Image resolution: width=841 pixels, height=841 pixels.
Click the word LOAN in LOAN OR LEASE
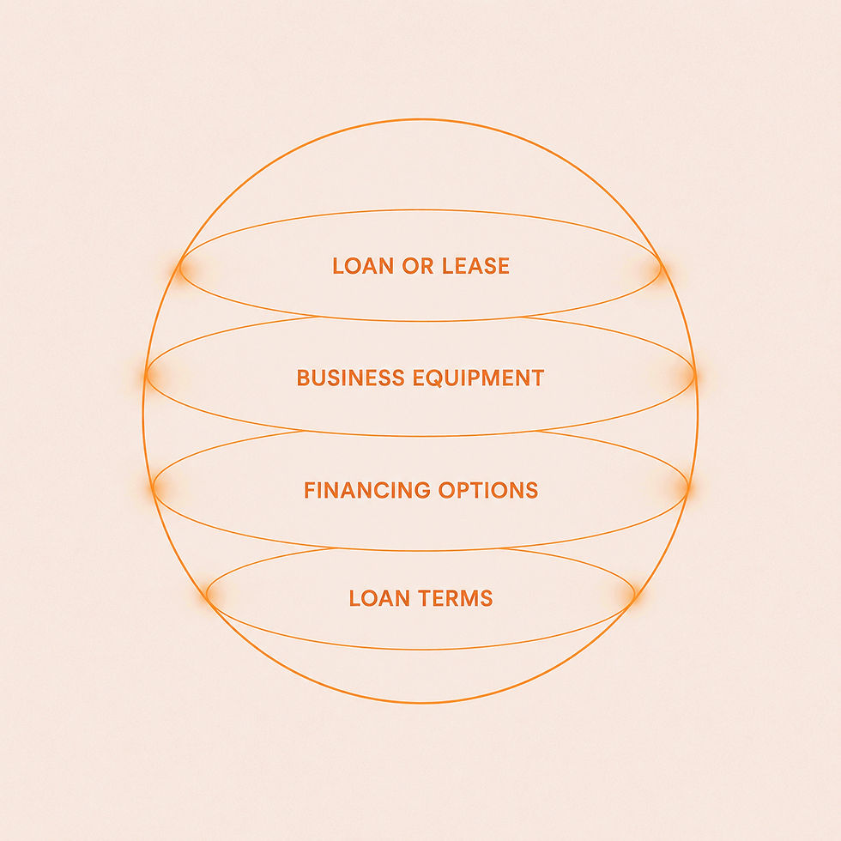363,266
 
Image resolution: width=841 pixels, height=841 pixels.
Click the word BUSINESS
351,378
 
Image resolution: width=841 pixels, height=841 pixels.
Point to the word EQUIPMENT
479,378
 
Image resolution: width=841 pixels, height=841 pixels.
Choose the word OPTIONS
488,490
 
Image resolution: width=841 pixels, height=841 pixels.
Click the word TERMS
456,598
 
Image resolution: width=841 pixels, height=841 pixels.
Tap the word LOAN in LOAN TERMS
379,598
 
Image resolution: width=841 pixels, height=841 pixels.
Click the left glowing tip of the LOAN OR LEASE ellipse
180,267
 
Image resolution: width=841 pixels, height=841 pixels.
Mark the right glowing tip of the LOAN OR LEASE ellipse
661,267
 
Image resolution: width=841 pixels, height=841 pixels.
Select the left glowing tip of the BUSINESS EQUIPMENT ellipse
147,376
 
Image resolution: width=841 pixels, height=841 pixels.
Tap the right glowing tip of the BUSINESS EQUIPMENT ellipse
695,376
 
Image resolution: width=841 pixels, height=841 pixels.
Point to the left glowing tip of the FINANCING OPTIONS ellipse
153,487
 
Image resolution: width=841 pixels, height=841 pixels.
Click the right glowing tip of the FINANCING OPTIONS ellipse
688,487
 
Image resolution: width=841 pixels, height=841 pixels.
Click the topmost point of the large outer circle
420,119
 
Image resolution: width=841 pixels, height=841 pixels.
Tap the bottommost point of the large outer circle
420,702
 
